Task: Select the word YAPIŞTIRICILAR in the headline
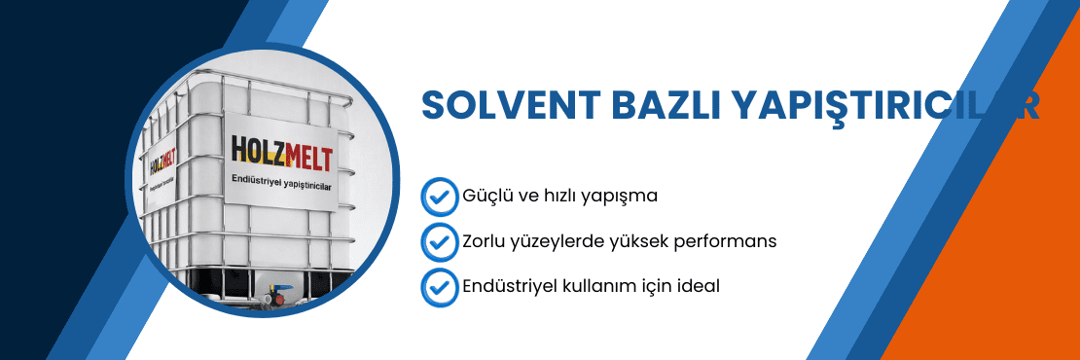tap(885, 106)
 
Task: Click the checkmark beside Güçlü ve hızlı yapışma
tap(439, 196)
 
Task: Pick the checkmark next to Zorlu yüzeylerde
tap(439, 241)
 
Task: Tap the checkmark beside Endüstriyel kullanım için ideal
tap(439, 287)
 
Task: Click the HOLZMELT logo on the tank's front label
tap(282, 148)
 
